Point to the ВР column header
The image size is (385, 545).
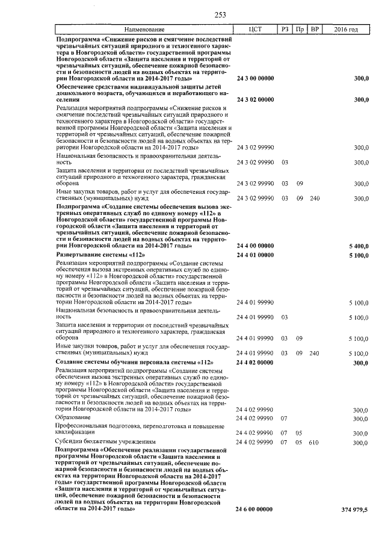(313, 30)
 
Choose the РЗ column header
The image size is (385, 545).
(285, 30)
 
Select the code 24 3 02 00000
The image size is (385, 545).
(255, 99)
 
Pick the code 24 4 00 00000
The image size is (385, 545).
(255, 246)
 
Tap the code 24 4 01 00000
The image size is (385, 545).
(255, 255)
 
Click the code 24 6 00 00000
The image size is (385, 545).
(255, 509)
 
